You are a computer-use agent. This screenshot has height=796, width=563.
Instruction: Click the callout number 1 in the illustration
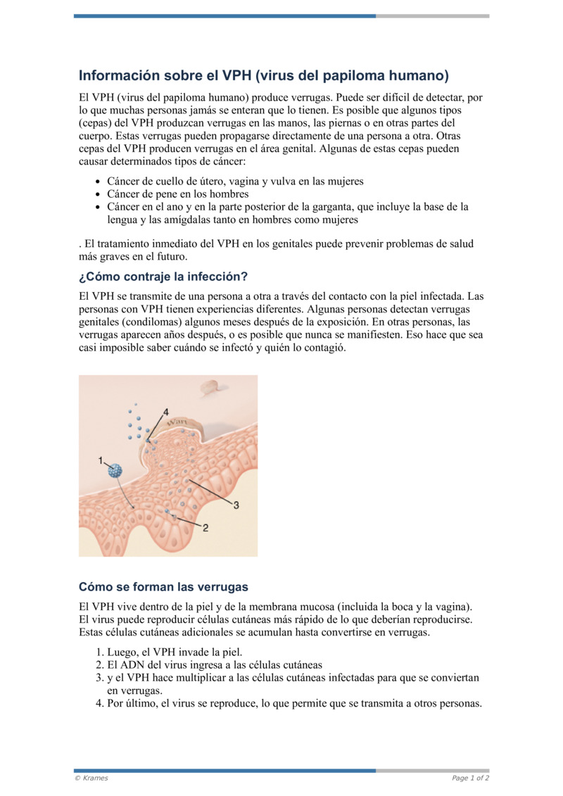(x=101, y=460)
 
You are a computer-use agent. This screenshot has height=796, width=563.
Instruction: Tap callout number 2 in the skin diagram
(x=205, y=528)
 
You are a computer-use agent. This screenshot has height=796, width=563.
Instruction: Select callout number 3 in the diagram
(x=236, y=505)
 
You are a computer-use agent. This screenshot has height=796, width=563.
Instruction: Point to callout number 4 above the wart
(x=166, y=411)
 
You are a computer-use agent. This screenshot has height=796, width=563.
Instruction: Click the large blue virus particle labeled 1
(x=115, y=471)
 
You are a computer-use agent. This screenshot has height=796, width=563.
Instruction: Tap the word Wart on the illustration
(x=175, y=423)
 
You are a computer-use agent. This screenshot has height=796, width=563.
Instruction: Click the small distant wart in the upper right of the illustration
(x=209, y=386)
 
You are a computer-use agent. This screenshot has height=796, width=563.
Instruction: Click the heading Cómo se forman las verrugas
(x=163, y=586)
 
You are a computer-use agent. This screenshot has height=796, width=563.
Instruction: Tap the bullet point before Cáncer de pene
(x=99, y=194)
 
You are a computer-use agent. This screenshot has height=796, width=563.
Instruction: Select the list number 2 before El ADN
(x=99, y=664)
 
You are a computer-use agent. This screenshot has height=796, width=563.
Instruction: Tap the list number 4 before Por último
(x=99, y=702)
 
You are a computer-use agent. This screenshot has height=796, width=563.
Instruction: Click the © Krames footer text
(x=91, y=778)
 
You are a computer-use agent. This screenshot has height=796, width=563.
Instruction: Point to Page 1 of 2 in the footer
(x=470, y=778)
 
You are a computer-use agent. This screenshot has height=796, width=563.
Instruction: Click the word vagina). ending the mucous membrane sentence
(x=453, y=607)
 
